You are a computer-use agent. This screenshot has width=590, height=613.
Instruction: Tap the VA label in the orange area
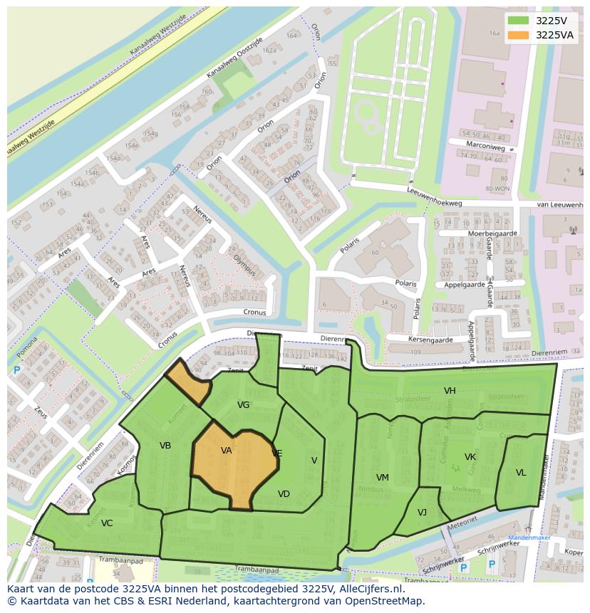point(227,451)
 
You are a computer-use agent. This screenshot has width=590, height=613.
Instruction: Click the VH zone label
point(450,391)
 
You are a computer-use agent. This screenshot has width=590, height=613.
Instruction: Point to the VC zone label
point(107,523)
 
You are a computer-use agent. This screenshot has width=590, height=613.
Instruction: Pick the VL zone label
point(521,473)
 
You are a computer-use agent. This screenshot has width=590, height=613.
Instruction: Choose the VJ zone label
point(422,513)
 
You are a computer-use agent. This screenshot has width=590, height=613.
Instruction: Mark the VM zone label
point(383,478)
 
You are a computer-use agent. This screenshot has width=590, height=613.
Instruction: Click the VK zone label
point(470,457)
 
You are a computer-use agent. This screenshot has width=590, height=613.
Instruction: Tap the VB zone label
point(165,446)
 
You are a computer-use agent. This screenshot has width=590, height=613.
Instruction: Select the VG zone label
point(243,405)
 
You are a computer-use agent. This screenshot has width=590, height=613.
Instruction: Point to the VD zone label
point(284,494)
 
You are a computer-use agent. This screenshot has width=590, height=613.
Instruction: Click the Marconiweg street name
point(487,147)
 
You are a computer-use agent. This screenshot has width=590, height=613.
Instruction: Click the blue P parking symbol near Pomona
point(16,370)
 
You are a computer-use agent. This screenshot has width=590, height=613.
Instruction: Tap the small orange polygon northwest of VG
point(189,382)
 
